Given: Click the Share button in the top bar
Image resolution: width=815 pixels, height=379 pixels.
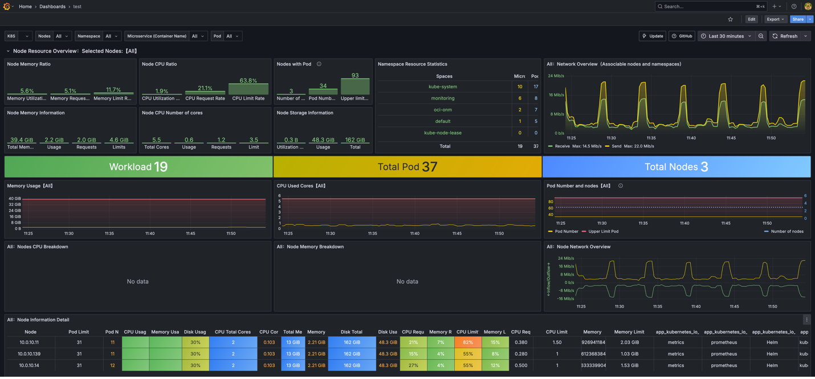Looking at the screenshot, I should click(797, 19).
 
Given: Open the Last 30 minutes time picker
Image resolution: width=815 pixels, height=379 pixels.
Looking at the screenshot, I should click(726, 36).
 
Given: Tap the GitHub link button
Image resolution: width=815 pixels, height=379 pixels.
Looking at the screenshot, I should click(682, 36).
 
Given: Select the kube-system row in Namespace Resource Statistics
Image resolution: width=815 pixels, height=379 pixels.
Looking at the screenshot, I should click(443, 86).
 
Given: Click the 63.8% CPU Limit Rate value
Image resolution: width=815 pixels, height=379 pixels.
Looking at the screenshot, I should click(248, 81).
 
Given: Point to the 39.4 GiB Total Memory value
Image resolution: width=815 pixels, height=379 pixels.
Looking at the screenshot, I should click(22, 140).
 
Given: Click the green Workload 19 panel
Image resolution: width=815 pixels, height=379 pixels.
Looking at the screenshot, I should click(138, 167).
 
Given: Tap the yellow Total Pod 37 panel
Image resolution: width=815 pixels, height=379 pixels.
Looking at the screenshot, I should click(407, 167).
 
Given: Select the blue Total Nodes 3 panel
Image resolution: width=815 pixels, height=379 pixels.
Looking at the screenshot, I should click(676, 167).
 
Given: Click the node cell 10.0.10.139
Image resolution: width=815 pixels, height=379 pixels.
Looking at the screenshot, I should click(30, 354).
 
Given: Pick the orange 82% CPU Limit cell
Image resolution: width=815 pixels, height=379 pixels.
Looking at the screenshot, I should click(468, 343).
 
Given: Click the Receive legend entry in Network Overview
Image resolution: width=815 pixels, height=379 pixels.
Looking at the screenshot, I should click(562, 146).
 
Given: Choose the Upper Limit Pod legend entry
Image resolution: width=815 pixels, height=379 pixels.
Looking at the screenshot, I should click(602, 232).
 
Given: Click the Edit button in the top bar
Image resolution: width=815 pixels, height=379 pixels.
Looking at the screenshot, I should click(751, 19).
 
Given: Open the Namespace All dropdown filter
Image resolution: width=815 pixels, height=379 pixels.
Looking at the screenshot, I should click(111, 36).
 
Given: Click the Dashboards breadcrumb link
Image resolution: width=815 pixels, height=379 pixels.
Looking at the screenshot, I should click(52, 6).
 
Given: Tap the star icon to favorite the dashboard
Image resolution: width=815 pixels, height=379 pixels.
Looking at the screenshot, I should click(730, 19).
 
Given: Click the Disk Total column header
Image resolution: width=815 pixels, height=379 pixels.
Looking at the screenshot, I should click(352, 332).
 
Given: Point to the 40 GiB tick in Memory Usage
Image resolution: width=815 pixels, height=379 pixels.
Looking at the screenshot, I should click(15, 199).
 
